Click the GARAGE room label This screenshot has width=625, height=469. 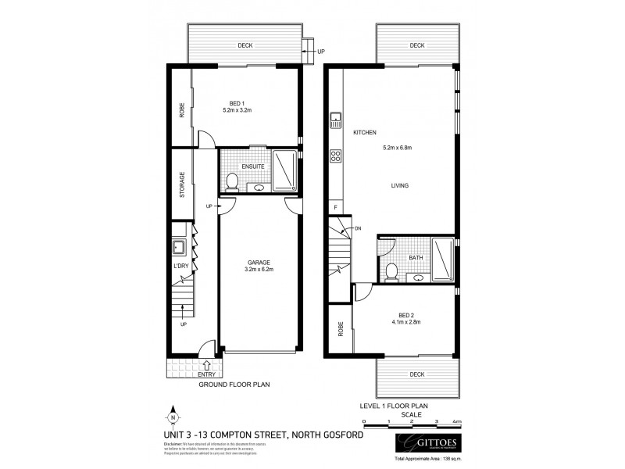pyautogui.click(x=260, y=263)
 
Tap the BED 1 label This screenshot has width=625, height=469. pyautogui.click(x=237, y=104)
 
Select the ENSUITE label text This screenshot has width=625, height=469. pyautogui.click(x=252, y=166)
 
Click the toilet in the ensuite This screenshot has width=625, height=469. pyautogui.click(x=231, y=183)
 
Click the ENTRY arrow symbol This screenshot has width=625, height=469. pyautogui.click(x=205, y=364)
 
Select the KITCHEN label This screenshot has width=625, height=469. pyautogui.click(x=365, y=132)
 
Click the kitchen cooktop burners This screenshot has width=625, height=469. pyautogui.click(x=336, y=156)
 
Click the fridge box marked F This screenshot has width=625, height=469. pyautogui.click(x=336, y=207)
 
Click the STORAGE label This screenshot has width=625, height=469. pyautogui.click(x=181, y=184)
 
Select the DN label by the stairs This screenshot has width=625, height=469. pyautogui.click(x=358, y=228)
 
